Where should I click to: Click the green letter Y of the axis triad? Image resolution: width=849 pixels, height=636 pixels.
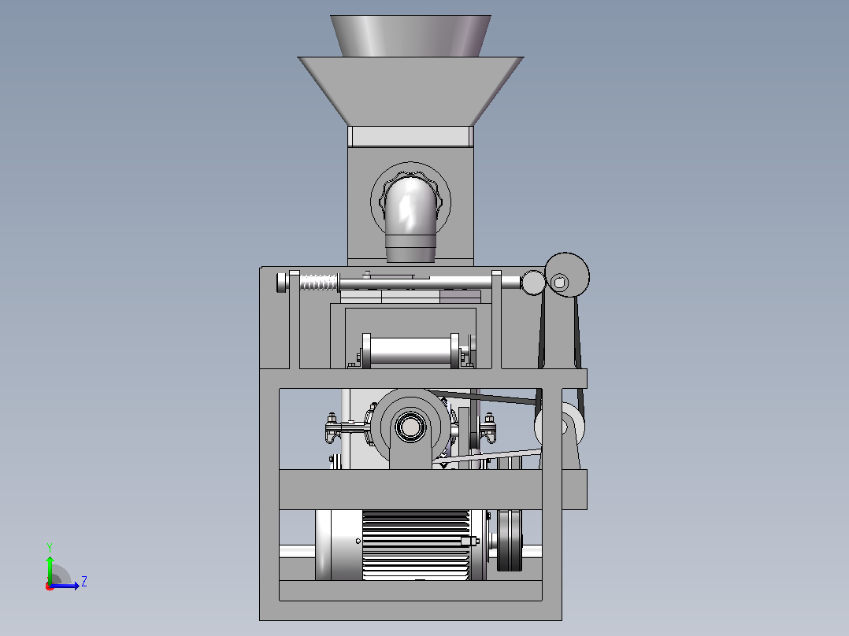tap(50, 547)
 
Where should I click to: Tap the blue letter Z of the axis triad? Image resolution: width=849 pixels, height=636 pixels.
tap(84, 582)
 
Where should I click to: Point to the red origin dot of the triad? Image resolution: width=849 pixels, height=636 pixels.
tap(50, 586)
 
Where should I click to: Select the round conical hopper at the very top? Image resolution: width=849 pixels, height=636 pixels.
tap(410, 35)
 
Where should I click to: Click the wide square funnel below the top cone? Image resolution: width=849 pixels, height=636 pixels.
tap(410, 91)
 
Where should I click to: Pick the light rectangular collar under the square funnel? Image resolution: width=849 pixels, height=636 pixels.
tap(410, 136)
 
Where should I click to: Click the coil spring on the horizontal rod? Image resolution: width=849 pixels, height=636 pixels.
tap(319, 282)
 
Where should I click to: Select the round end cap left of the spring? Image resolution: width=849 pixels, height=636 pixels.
tap(282, 283)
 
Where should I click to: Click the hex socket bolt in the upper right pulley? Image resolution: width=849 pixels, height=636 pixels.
tap(560, 282)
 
